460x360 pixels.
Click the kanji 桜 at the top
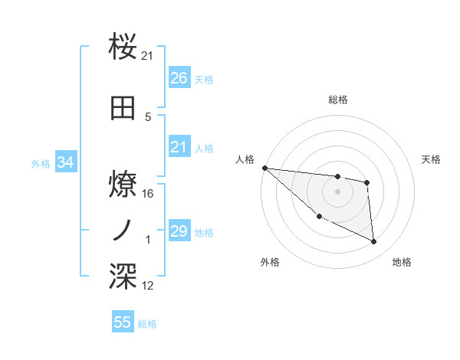point(123,47)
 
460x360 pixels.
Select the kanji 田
point(123,109)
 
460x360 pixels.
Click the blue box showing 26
point(179,78)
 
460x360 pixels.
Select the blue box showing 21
point(179,147)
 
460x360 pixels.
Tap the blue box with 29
point(179,231)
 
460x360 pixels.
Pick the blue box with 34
point(65,162)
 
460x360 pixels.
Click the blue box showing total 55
point(123,322)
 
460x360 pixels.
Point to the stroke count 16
point(149,194)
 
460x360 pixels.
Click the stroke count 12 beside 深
point(148,286)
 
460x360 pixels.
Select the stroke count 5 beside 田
point(148,117)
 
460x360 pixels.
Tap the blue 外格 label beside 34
point(40,163)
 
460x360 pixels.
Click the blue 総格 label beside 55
point(147,324)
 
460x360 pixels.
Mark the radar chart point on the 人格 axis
point(264,168)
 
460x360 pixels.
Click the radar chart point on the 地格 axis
point(374,242)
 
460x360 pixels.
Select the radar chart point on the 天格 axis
point(367,182)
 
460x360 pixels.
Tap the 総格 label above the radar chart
point(337,100)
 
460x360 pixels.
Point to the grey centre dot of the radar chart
point(337,191)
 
